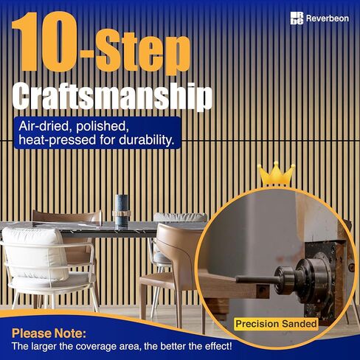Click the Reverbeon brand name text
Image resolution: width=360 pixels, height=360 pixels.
click(x=328, y=18)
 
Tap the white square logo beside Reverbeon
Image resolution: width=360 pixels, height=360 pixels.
click(x=297, y=18)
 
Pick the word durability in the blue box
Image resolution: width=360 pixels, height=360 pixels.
click(x=147, y=140)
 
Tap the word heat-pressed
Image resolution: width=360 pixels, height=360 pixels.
click(x=58, y=141)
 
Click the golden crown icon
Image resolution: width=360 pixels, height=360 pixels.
click(x=277, y=174)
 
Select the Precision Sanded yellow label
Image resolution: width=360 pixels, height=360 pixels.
click(x=276, y=324)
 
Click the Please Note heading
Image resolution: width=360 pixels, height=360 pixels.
click(x=49, y=333)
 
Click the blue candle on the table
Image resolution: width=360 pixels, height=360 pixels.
click(x=122, y=210)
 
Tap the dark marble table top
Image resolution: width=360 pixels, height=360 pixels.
click(x=103, y=229)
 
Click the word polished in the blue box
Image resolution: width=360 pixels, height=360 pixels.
click(x=103, y=126)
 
